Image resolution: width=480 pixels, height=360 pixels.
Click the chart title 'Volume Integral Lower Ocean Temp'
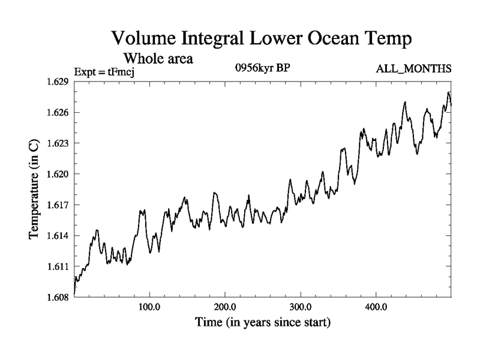click(x=262, y=40)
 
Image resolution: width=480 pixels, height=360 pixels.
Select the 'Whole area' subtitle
click(x=158, y=59)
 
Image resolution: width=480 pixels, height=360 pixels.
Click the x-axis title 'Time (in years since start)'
click(x=262, y=323)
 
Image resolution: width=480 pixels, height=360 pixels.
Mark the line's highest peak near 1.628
click(x=448, y=93)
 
